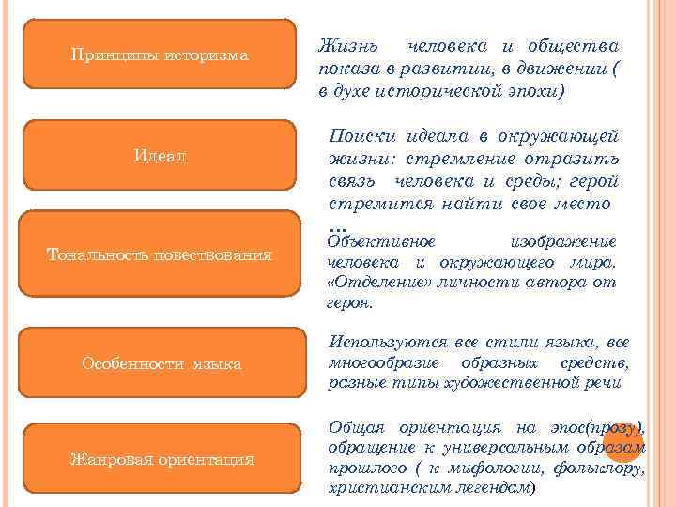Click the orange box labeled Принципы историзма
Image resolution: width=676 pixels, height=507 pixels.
(161, 55)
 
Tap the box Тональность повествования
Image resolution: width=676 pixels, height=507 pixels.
(161, 254)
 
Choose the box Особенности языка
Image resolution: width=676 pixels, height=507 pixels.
(161, 362)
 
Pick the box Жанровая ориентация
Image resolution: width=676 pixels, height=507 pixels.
(161, 459)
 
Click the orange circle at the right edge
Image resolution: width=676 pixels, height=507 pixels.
(622, 441)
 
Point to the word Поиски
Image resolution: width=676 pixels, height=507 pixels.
(361, 136)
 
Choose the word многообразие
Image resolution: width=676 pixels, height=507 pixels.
(384, 363)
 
